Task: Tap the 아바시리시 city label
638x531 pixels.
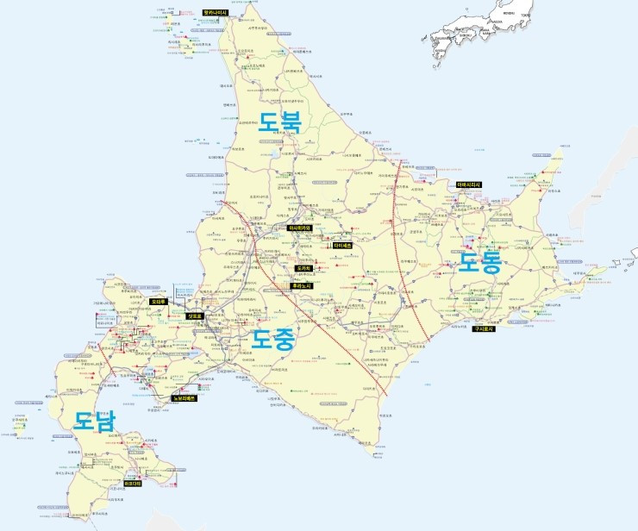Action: click(469, 184)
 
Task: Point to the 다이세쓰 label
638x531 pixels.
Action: click(342, 245)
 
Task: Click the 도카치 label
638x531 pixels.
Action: click(303, 269)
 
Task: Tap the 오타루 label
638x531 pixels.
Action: click(158, 302)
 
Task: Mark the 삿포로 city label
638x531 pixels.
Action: click(195, 316)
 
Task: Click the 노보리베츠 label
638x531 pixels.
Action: click(184, 398)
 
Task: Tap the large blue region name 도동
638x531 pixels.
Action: click(478, 262)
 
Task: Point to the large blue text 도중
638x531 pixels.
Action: click(274, 340)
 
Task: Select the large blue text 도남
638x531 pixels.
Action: click(94, 421)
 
